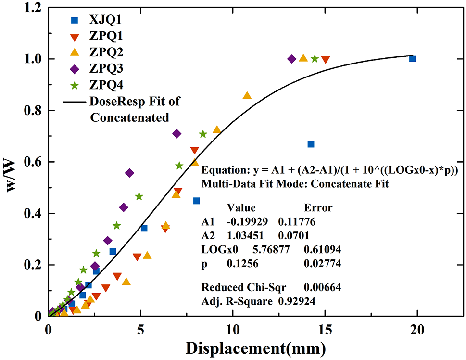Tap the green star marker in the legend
75,85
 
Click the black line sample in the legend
75,102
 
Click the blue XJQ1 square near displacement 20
412,59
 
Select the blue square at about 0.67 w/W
311,144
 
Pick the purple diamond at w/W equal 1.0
291,59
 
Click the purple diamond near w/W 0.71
176,133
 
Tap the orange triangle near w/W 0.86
247,96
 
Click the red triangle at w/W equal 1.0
326,60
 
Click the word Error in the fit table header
318,208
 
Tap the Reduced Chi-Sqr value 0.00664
322,287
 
